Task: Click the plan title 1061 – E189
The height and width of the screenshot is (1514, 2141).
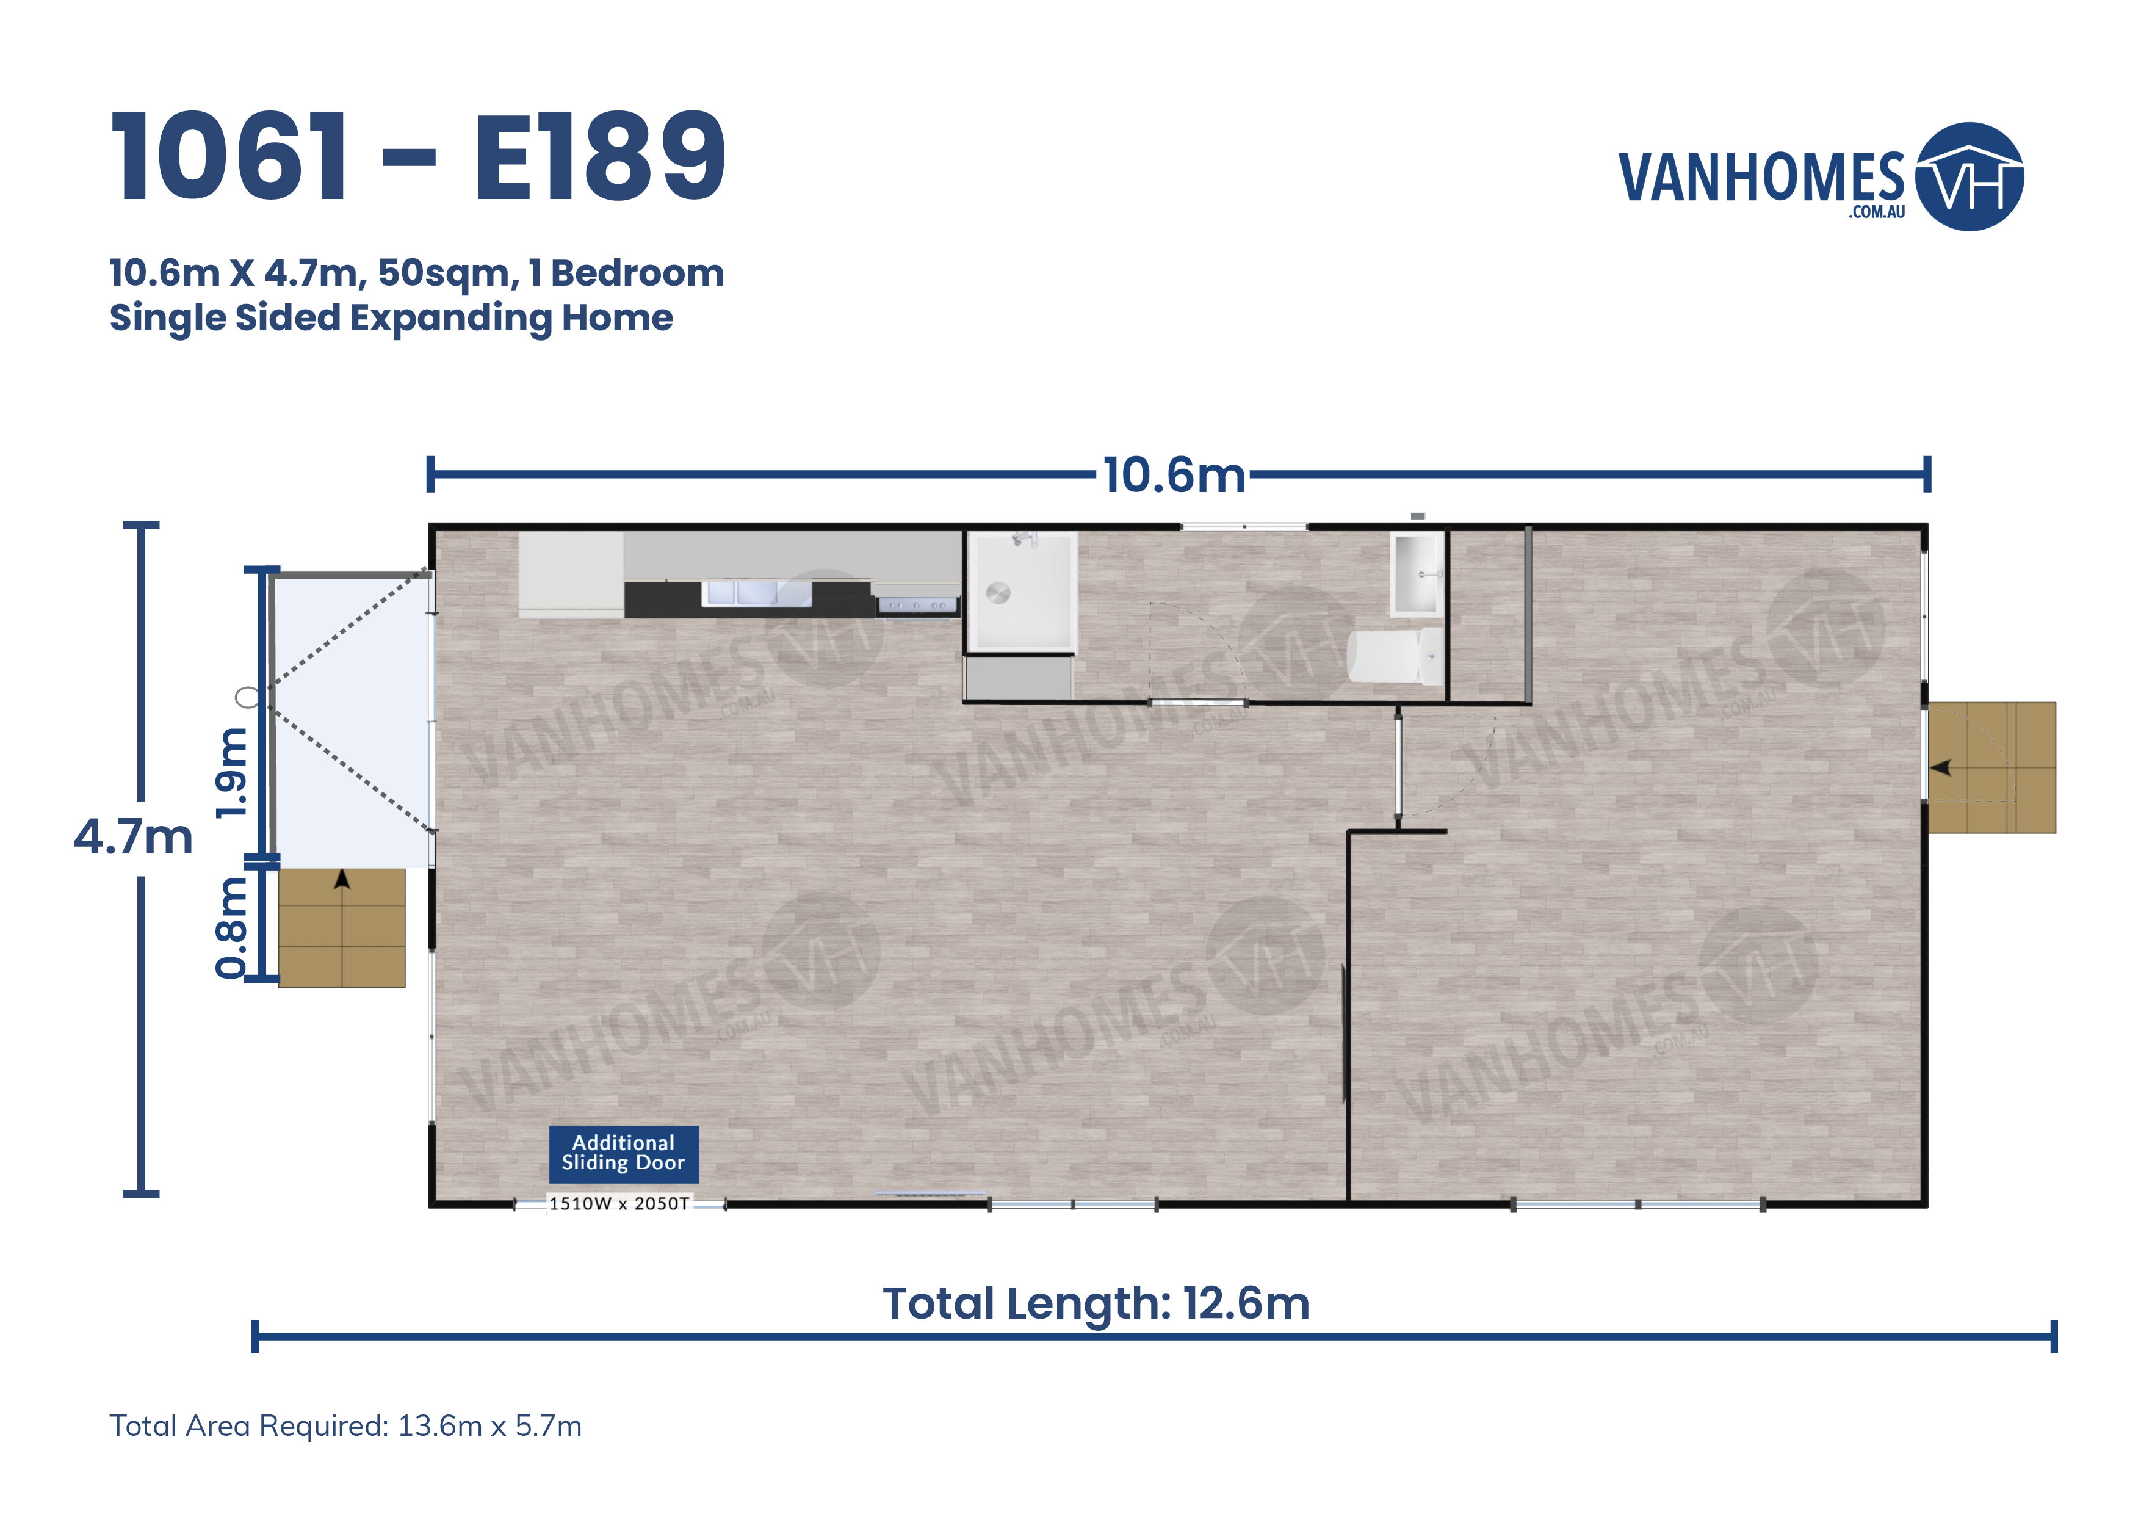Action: [x=417, y=157]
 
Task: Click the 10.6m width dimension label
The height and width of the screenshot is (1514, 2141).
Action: [x=1174, y=475]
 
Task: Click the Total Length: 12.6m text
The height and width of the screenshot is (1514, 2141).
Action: [x=1097, y=1303]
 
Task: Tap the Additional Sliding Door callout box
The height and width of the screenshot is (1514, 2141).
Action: [x=623, y=1153]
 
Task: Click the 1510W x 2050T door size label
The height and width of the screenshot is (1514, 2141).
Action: [x=619, y=1203]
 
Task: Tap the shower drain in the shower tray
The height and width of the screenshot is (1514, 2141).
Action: [x=998, y=593]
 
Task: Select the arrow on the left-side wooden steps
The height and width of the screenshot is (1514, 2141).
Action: [x=342, y=878]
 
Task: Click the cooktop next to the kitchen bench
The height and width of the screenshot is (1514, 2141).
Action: [x=917, y=606]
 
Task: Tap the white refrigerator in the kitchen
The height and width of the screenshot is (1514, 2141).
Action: [x=571, y=574]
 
